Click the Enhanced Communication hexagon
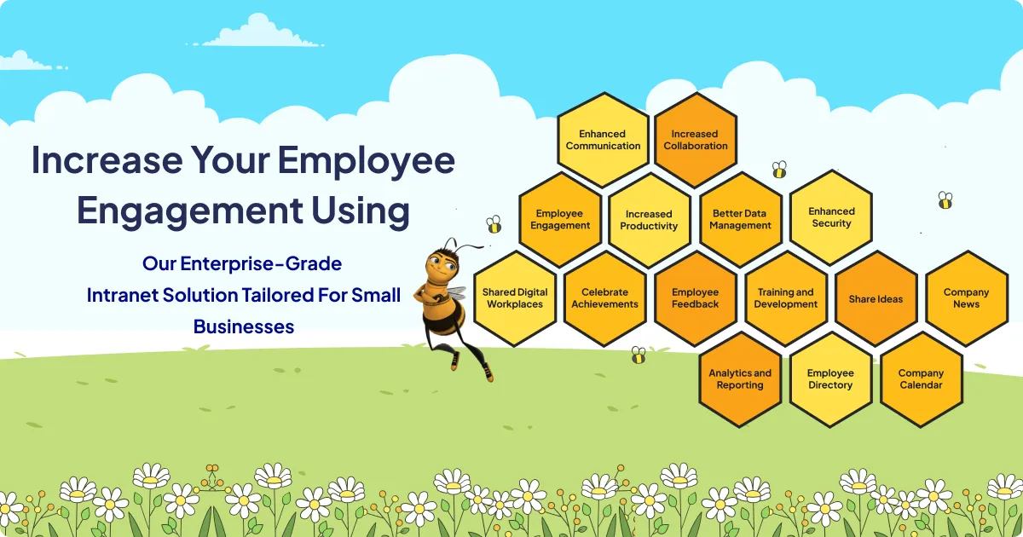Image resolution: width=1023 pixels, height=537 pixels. tap(603, 140)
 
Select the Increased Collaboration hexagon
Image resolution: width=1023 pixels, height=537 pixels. tap(695, 140)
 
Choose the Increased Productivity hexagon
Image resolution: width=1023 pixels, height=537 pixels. tap(649, 220)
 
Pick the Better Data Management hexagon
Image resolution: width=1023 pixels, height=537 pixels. tap(740, 220)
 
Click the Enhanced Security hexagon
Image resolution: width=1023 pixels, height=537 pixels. tap(831, 217)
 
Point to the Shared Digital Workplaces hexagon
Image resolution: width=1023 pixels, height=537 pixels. tap(515, 298)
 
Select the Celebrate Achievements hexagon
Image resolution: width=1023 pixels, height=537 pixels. tap(604, 298)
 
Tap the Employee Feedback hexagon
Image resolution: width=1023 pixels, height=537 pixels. tap(695, 298)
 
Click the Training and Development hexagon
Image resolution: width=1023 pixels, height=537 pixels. tap(785, 298)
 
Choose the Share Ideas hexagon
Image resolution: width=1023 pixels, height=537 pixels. tap(876, 298)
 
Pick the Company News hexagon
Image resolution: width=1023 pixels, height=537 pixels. tap(966, 298)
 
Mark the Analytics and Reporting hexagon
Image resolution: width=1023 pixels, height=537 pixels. tap(740, 379)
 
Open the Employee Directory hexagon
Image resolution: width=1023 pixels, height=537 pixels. tap(830, 379)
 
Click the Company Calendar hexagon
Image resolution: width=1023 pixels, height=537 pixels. tap(921, 379)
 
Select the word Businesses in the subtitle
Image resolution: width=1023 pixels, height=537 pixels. tap(244, 326)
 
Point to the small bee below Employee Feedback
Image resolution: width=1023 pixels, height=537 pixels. tap(639, 355)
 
